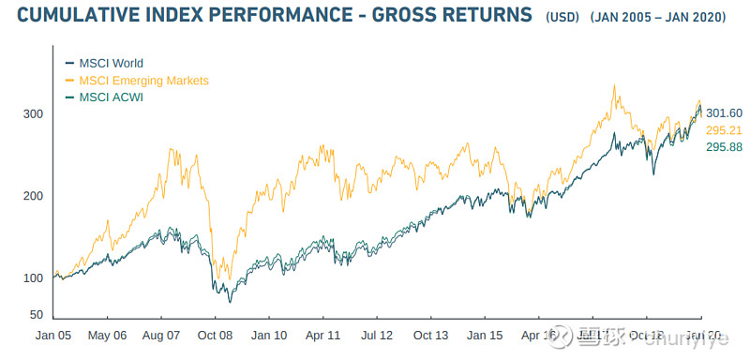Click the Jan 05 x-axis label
coord(54,335)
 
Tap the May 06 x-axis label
coord(108,335)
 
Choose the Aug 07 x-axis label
coord(161,335)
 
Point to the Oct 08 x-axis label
coord(216,335)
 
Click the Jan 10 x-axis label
coord(269,335)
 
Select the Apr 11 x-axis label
coord(322,335)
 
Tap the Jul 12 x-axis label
coord(377,335)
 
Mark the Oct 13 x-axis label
coord(430,335)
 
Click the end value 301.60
coord(724,112)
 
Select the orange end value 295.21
coord(724,130)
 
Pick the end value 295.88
coord(724,147)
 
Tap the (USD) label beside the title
coord(562,19)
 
